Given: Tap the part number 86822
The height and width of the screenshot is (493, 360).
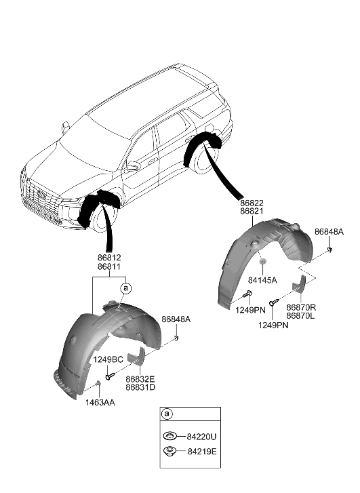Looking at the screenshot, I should point(252,203).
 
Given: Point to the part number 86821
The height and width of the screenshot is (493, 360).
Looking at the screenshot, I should point(252,212).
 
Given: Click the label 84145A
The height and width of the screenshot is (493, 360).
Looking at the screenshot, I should point(263,279).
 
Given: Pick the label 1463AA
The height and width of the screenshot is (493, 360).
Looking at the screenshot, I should point(100,402).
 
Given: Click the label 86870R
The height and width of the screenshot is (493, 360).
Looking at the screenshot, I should point(300,307).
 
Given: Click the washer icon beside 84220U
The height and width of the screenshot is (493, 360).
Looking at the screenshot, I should point(168,435).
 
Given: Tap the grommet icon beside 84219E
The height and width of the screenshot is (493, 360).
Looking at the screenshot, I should point(168,450).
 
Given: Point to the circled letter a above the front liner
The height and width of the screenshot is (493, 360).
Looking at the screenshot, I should point(125,289).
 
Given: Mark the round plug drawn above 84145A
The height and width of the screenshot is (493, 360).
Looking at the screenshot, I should point(262,262).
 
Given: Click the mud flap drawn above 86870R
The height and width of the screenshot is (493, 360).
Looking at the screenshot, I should point(299,285).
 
